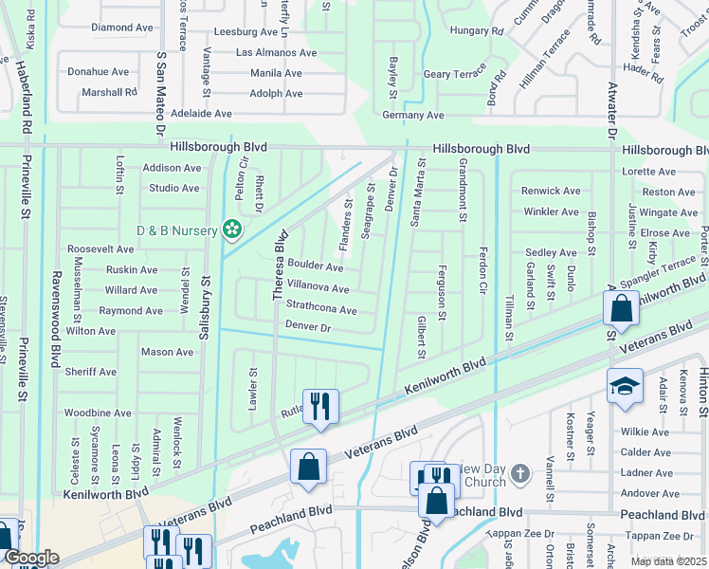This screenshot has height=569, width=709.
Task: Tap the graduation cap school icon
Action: click(625, 386)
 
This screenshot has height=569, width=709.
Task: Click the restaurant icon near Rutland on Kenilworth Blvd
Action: click(320, 407)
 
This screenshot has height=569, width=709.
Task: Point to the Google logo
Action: click(30, 558)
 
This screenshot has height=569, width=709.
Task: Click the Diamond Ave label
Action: click(121, 28)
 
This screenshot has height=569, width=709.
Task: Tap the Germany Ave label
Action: click(412, 115)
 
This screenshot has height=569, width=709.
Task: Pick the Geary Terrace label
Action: click(453, 74)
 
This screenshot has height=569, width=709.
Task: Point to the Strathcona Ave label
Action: click(321, 310)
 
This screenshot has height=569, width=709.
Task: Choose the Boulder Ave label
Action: click(316, 266)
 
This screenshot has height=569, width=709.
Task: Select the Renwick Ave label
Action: click(551, 191)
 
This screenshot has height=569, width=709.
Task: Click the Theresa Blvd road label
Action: click(280, 266)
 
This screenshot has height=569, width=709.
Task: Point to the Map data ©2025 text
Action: click(667, 561)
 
